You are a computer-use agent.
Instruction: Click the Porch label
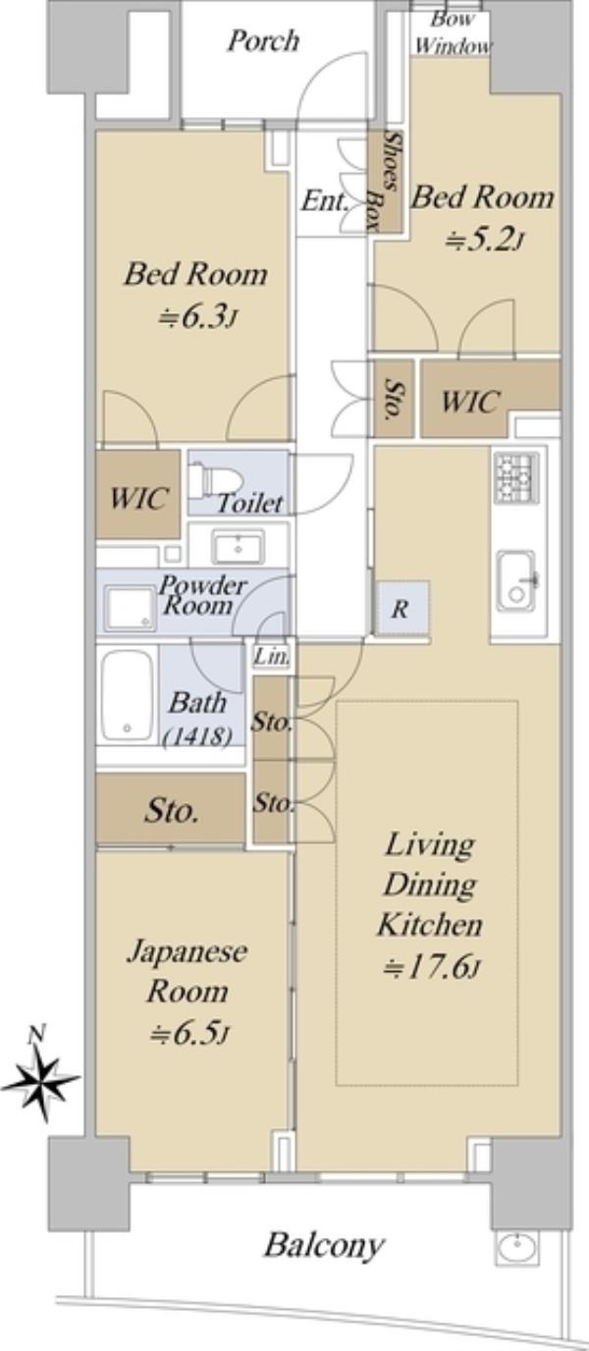[x=263, y=42]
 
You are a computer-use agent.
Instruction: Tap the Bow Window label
[x=453, y=33]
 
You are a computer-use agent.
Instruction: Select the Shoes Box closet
[x=385, y=181]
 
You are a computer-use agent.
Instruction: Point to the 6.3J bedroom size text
[x=195, y=316]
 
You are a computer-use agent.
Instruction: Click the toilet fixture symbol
[x=215, y=480]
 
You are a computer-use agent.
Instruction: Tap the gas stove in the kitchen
[x=515, y=478]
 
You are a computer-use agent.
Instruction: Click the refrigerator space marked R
[x=401, y=608]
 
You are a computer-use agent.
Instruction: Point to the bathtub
[x=127, y=695]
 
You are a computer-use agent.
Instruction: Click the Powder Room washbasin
[x=238, y=546]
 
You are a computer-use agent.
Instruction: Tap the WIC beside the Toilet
[x=138, y=495]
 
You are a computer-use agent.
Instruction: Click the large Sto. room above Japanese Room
[x=171, y=809]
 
